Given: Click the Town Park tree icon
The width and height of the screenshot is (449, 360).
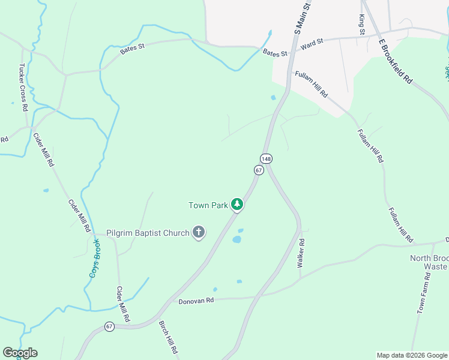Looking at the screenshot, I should coord(238,205).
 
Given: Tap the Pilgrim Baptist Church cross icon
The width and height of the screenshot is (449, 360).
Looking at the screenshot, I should coord(199,232).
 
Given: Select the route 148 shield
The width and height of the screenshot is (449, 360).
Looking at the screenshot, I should coord(266,158).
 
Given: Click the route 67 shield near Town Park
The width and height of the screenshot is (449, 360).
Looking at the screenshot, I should coord(258,170).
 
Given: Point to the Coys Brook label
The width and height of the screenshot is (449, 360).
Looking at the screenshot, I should coord(95,258).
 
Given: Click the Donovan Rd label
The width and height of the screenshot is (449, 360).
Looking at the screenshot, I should coord(196,300).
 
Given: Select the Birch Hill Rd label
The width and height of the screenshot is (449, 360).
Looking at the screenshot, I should coord(168,337).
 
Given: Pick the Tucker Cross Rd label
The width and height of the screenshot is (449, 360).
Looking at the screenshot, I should coord(23,88).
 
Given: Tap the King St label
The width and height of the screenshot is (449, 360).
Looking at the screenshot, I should coord(362,25).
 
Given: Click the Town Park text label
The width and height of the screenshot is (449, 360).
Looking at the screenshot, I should coord(208,205).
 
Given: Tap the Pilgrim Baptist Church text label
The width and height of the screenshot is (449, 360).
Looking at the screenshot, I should coord(148,233).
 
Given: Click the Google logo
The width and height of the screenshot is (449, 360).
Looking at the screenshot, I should coord(20,353).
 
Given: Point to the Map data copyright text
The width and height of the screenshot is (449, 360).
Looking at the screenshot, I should coord(411,355).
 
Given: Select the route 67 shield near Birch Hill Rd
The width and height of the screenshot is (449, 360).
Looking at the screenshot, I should coord(109,326).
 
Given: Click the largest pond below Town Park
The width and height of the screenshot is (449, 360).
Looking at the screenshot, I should coord(237,239).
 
